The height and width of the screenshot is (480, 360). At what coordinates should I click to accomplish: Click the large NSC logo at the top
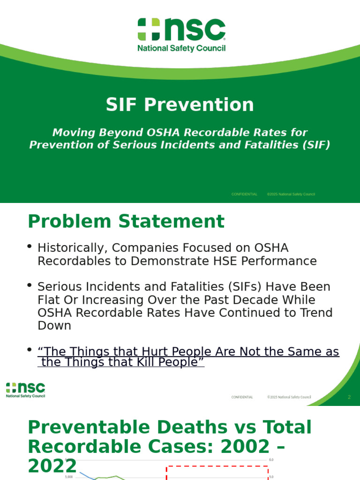[181, 35]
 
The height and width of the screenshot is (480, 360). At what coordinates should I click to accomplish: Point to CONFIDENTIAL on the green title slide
[244, 194]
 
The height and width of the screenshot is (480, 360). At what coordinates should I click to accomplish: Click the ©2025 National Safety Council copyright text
[291, 194]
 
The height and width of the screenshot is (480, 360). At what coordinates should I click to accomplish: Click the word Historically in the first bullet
[69, 248]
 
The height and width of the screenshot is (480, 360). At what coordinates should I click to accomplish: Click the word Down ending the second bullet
[54, 326]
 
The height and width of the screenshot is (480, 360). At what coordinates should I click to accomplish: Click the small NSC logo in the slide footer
[26, 390]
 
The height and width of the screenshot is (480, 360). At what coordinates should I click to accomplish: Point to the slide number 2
[349, 397]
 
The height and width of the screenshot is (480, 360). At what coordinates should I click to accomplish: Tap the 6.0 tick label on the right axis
[271, 460]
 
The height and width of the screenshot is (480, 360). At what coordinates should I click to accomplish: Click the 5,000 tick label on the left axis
[68, 477]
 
